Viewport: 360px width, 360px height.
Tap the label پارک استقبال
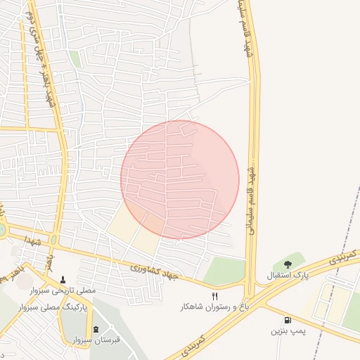click(286, 275)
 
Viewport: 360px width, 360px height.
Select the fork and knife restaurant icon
click(215, 297)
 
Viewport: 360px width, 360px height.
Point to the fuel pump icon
click(287, 321)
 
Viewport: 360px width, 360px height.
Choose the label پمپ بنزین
click(287, 330)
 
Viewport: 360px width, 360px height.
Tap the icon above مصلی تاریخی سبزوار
click(64, 280)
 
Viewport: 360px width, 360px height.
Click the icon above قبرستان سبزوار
click(96, 330)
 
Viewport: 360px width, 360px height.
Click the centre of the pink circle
click(180, 179)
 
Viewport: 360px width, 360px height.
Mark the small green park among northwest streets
click(75, 60)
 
